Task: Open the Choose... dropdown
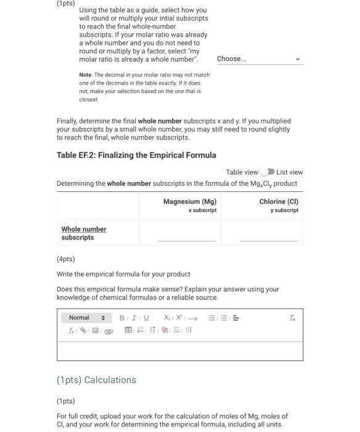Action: point(258,59)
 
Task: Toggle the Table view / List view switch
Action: point(267,172)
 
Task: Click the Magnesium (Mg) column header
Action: point(190,202)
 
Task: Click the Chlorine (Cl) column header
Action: point(279,202)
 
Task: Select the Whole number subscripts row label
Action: point(84,233)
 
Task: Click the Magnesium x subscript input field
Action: point(187,235)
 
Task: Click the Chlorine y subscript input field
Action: point(269,235)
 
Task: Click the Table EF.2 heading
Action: point(136,155)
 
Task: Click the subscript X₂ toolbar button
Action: point(167,318)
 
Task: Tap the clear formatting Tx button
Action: point(292,318)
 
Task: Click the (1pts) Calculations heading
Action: point(96,380)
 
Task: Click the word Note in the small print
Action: point(85,75)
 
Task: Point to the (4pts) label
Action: point(65,259)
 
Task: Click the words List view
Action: point(290,172)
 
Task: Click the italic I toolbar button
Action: point(133,318)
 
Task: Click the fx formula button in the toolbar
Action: point(72,331)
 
